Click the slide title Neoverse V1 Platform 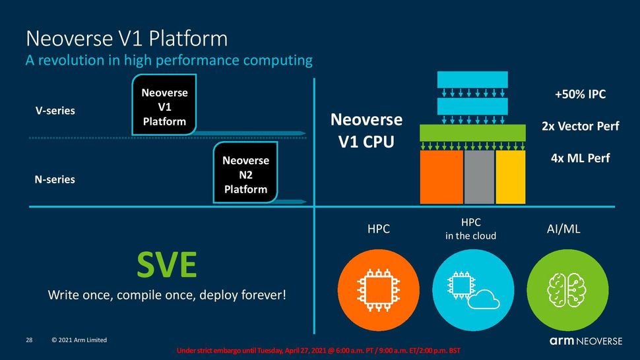(x=126, y=38)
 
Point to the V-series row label (x=55, y=111)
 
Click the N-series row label (x=55, y=179)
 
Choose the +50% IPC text (x=580, y=95)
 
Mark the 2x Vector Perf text (x=580, y=126)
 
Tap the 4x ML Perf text (x=580, y=158)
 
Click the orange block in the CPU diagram (x=441, y=177)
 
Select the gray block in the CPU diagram (x=479, y=177)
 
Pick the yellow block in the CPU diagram (x=510, y=177)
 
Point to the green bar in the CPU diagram (x=472, y=133)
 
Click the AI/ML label (x=563, y=229)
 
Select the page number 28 (x=29, y=340)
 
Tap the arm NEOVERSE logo (x=585, y=341)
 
